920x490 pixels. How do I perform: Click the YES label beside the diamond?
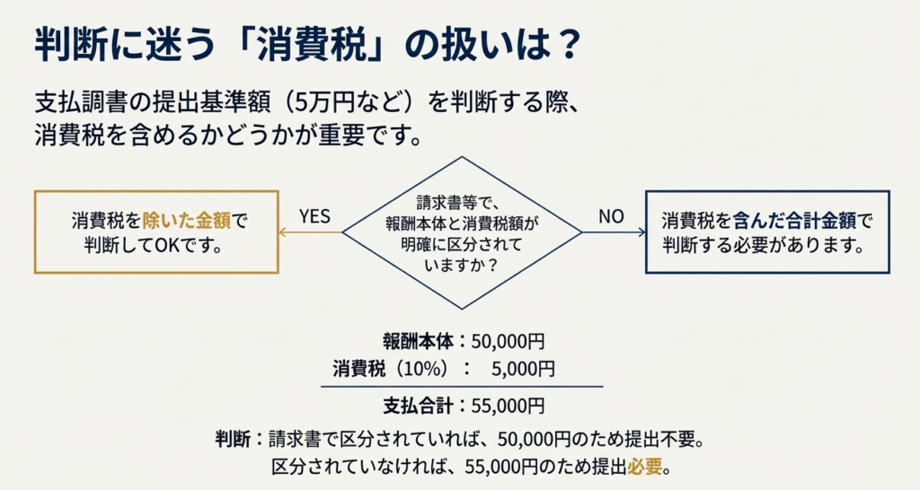coord(314,216)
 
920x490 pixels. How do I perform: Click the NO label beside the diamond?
coord(611,216)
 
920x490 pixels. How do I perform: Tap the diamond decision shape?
coord(462,232)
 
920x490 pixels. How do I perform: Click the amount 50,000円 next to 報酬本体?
coord(509,341)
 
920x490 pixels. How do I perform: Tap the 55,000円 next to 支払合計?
coord(509,405)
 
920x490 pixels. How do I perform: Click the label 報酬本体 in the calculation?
coord(420,341)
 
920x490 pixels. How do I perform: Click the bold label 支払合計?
coord(420,405)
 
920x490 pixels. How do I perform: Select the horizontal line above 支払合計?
coord(462,387)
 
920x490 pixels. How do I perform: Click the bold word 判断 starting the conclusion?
coord(233,440)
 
